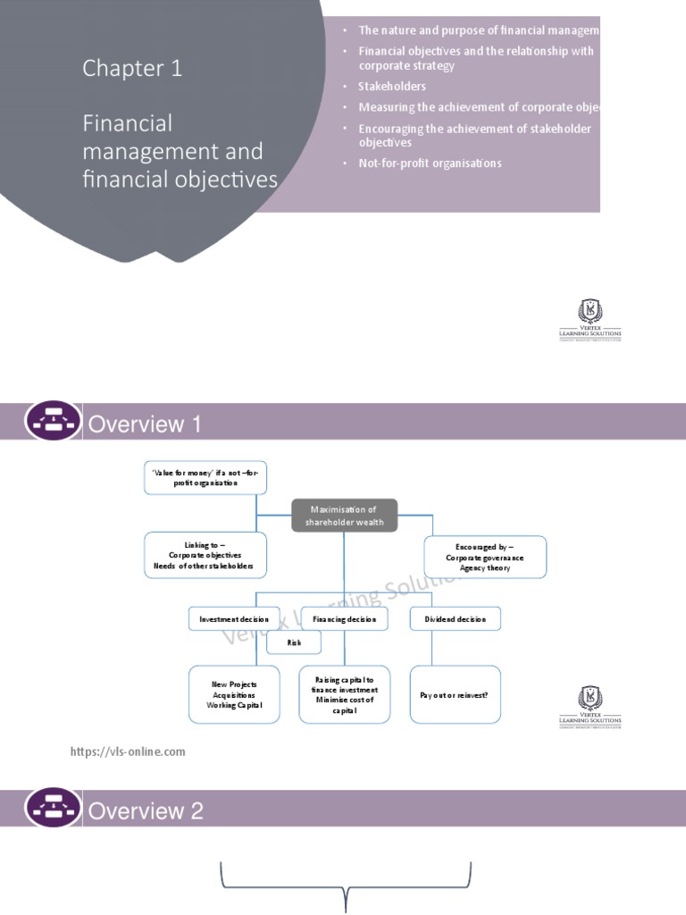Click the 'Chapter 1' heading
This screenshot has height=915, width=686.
132,68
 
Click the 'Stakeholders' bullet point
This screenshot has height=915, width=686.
392,87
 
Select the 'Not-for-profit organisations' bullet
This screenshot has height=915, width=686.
430,164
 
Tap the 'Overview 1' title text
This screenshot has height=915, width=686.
144,424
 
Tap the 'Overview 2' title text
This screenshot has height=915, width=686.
146,811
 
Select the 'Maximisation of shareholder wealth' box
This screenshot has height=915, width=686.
345,516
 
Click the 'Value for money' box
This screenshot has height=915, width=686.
205,478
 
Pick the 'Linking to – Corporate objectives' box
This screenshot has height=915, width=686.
205,555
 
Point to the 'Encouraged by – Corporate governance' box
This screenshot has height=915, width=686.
485,557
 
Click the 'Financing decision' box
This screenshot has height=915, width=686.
345,618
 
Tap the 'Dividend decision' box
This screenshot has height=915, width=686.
456,618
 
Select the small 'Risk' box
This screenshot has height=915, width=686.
294,642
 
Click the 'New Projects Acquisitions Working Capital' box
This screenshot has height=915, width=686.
234,694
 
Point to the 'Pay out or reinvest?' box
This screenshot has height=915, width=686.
456,694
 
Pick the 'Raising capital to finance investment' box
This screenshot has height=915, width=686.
345,694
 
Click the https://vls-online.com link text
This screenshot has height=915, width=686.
128,751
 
